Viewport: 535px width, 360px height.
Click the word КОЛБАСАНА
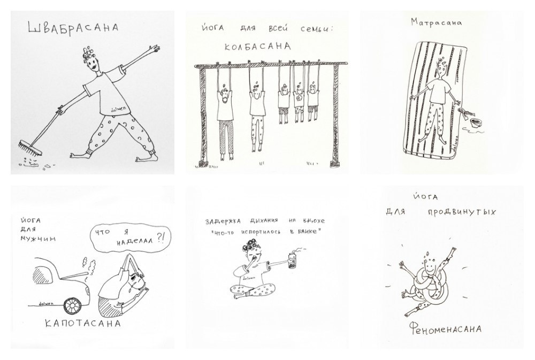click(258, 47)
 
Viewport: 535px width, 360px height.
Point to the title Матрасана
click(437, 22)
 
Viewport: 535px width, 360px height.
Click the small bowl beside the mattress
click(475, 122)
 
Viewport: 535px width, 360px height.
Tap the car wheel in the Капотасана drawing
click(73, 304)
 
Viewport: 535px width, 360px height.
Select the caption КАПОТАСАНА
click(83, 323)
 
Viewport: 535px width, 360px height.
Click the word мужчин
click(38, 239)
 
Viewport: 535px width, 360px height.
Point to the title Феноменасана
click(445, 328)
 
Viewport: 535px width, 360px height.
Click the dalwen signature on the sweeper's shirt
click(118, 109)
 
